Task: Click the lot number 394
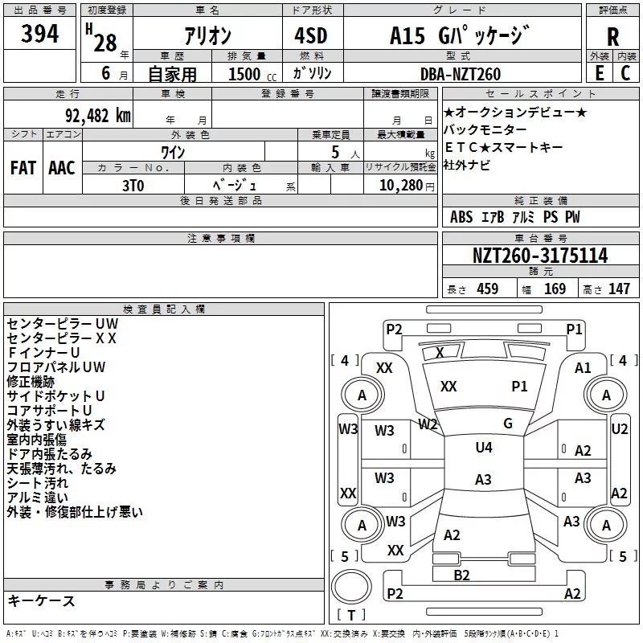[x=40, y=35]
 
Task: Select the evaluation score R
[x=612, y=37]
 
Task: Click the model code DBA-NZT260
[x=461, y=74]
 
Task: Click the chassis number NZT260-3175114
[x=539, y=256]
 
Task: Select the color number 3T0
[x=133, y=184]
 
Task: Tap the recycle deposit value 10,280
[x=399, y=185]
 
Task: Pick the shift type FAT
[x=23, y=168]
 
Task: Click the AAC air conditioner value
[x=62, y=168]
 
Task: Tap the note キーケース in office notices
[x=41, y=601]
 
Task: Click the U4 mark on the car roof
[x=483, y=448]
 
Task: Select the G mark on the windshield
[x=507, y=424]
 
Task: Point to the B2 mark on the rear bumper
[x=461, y=575]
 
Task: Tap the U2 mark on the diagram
[x=619, y=429]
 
